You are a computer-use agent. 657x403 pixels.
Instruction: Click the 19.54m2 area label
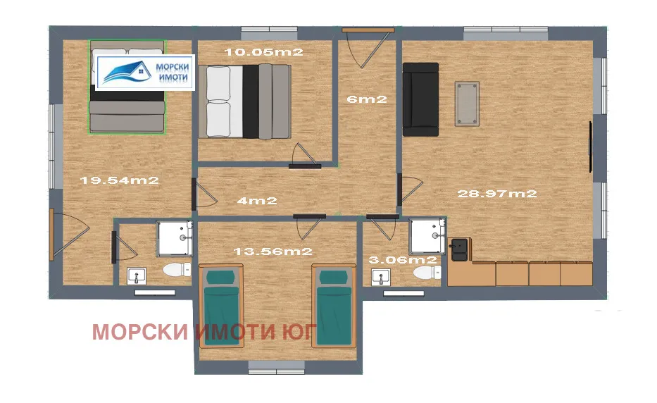coord(119,180)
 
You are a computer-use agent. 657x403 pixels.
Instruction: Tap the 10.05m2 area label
coord(253,51)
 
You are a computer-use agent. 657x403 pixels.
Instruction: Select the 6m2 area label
coord(367,99)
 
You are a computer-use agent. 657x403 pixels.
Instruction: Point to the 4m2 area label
coord(257,201)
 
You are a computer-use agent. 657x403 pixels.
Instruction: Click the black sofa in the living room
coord(420,98)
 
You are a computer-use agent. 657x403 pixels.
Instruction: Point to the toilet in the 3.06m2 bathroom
coord(425,272)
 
